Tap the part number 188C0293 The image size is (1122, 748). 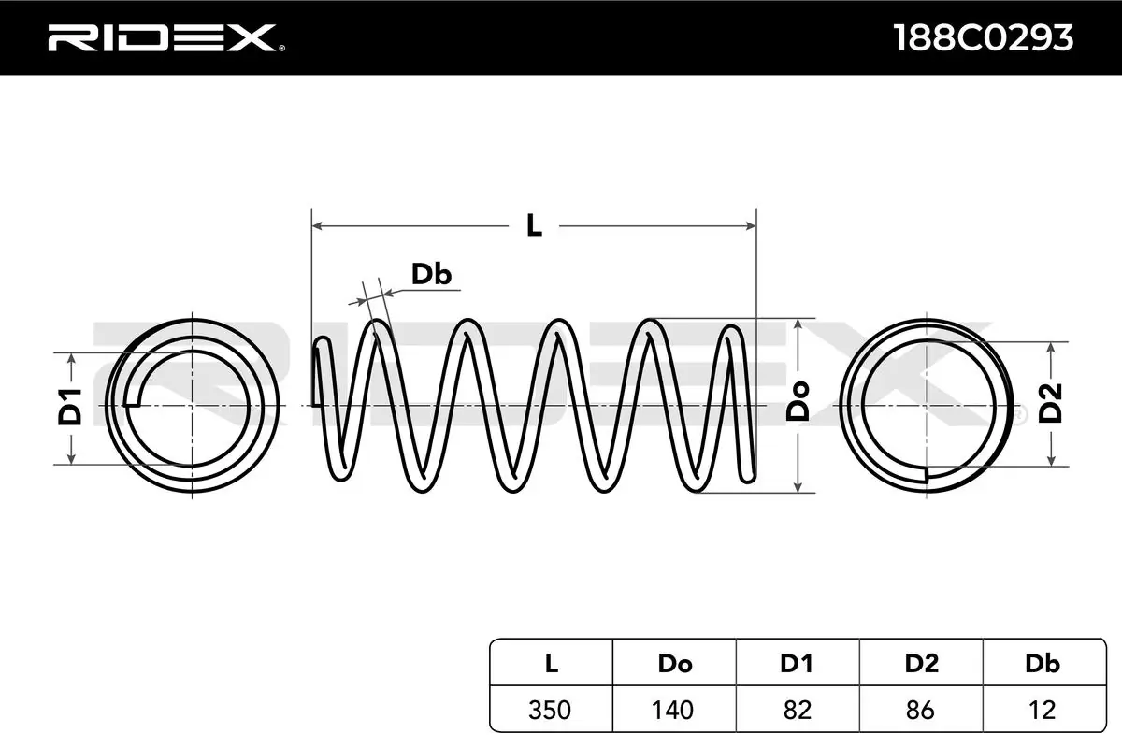[983, 37]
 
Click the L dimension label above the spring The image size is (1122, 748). [534, 225]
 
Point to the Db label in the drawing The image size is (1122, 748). [431, 274]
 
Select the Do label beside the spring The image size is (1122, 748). [798, 403]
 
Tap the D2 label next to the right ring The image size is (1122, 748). [1052, 403]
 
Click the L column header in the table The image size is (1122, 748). [552, 664]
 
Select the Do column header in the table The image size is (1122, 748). [674, 664]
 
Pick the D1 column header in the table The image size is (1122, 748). [797, 664]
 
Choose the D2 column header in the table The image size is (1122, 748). [921, 664]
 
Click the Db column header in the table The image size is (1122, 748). [1043, 664]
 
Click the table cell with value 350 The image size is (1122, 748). [552, 710]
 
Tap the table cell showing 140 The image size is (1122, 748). [674, 710]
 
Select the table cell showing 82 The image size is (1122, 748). [797, 710]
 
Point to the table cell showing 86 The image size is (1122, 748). [921, 710]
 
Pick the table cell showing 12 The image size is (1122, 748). [1043, 710]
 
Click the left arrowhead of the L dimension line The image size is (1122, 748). [317, 225]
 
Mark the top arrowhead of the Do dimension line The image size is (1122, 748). [798, 324]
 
